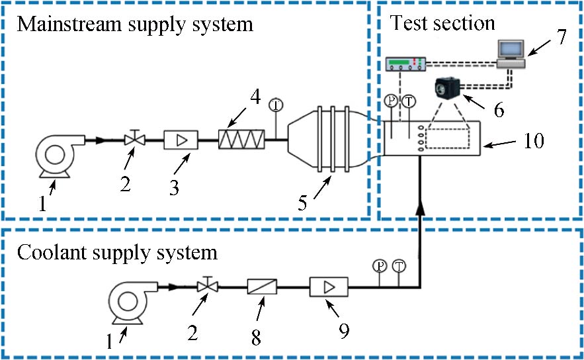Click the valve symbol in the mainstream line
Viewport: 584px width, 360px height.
click(135, 139)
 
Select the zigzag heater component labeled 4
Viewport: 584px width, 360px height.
click(241, 139)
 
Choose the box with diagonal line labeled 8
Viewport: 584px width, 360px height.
click(262, 287)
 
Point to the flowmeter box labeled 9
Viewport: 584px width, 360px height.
click(328, 287)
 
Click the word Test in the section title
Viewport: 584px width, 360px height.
click(405, 23)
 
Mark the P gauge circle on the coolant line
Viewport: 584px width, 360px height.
click(380, 266)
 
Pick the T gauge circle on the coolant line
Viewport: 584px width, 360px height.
click(399, 266)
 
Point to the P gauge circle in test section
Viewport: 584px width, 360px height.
click(391, 101)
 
